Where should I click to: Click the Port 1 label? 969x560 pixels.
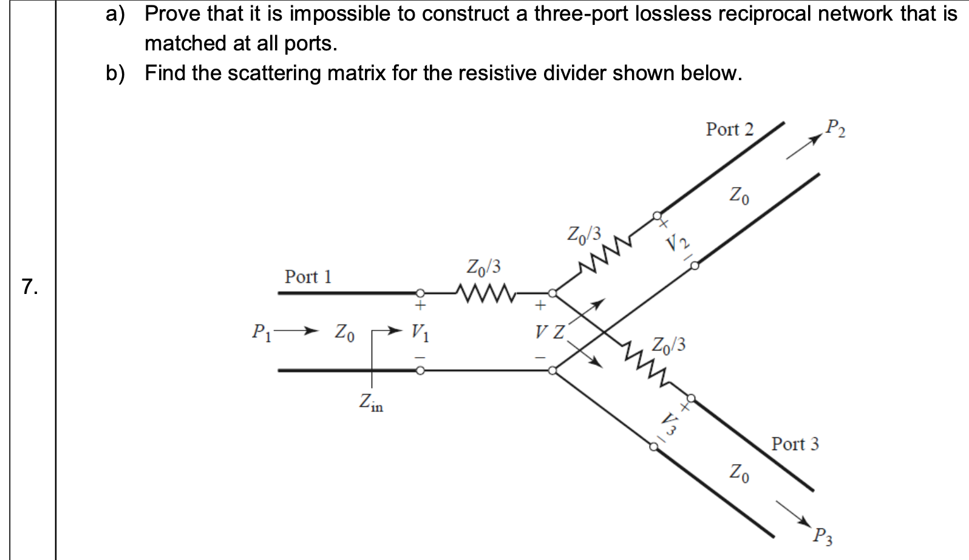point(308,277)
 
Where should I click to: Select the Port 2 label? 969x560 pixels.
point(729,129)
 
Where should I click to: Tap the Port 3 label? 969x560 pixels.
point(795,444)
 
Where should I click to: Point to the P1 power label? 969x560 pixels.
point(260,332)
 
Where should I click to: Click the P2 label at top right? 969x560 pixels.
point(835,128)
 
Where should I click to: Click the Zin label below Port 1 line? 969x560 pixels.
point(371,402)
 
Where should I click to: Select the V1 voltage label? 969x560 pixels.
point(420,332)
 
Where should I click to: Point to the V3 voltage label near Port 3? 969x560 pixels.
point(669,423)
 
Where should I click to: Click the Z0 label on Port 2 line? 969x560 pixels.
point(738,196)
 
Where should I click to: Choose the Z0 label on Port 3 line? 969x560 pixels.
point(738,472)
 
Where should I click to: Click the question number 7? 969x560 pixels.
point(29,286)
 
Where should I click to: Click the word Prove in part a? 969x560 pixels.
point(172,13)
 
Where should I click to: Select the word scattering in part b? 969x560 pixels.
point(274,73)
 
